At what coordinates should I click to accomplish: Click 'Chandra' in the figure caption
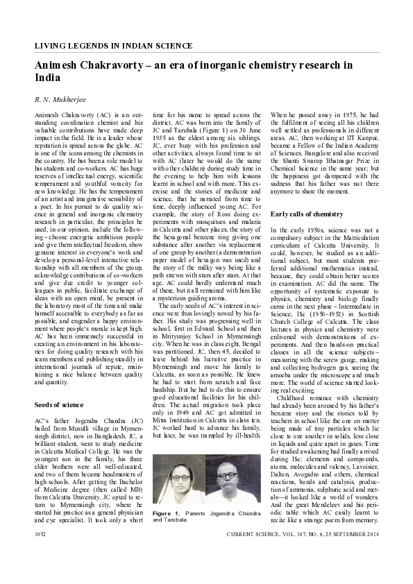(237, 532)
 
